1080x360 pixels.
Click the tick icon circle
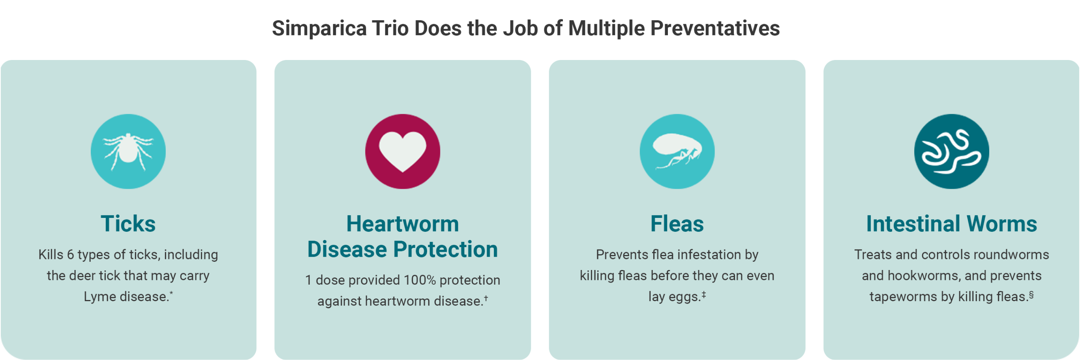tap(128, 151)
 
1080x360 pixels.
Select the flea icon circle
tap(677, 151)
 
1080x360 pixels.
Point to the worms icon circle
tap(951, 151)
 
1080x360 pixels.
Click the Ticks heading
tap(128, 223)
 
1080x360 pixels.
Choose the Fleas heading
tap(677, 223)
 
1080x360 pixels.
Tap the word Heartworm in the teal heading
tap(403, 223)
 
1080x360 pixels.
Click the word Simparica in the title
tap(319, 28)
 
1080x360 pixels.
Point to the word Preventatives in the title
tap(715, 28)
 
